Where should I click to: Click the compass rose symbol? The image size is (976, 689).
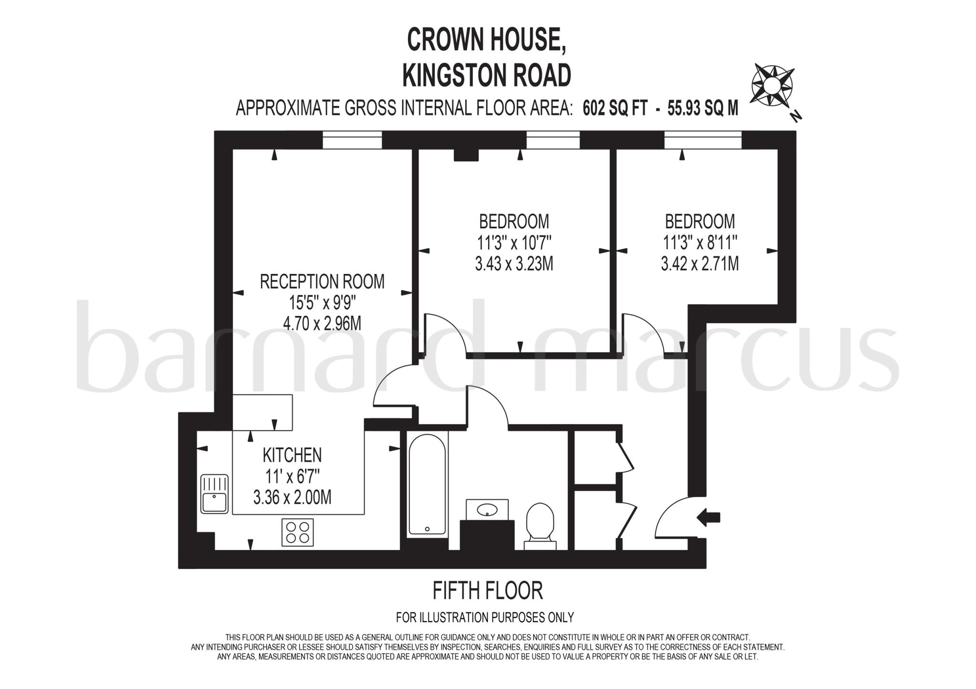tap(772, 86)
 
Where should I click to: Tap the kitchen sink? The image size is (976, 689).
tap(214, 494)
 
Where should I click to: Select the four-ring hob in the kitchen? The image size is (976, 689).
tap(298, 532)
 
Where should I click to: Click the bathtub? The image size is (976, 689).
tap(427, 484)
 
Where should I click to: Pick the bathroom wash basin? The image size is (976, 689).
tap(487, 510)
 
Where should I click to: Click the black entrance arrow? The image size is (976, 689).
tap(708, 517)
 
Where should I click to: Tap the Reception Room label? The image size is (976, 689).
tap(322, 282)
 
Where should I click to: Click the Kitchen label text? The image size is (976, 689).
tap(292, 455)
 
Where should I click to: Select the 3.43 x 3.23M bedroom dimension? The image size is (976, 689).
tap(514, 263)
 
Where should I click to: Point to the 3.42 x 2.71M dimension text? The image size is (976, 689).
tap(700, 263)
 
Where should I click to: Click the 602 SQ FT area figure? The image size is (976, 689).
tap(615, 109)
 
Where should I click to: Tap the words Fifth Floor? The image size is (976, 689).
tap(488, 591)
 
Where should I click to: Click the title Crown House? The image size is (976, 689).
tap(487, 40)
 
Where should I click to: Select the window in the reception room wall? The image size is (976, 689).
tap(352, 140)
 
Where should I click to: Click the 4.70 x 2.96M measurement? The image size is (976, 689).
tap(322, 324)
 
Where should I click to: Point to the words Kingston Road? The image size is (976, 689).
tap(487, 75)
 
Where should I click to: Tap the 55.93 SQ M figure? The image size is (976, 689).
tap(703, 109)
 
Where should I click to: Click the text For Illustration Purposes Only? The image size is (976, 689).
tap(485, 618)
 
